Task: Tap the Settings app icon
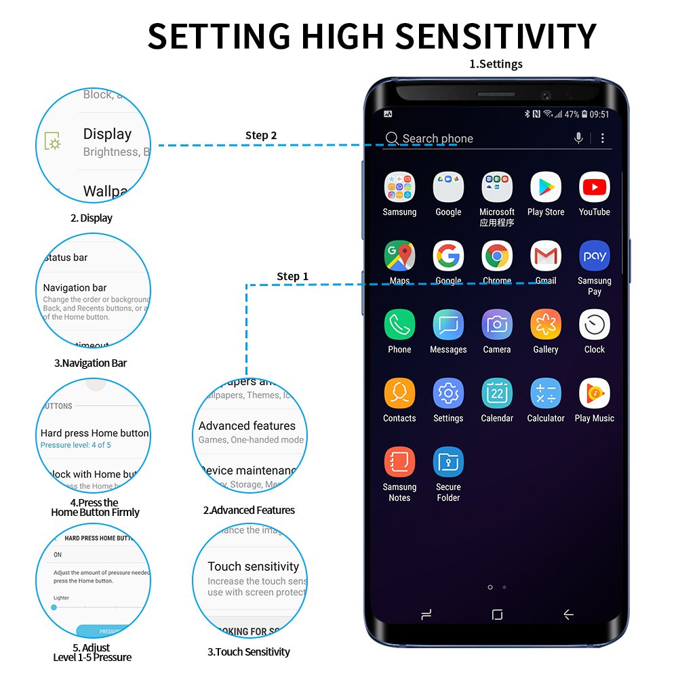448,393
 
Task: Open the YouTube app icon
594,187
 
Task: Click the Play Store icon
546,187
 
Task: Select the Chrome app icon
497,256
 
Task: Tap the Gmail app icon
546,256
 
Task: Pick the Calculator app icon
546,393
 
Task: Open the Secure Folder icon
448,462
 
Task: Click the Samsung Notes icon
399,462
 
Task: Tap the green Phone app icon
399,325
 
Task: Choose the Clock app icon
594,325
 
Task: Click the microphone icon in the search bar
578,138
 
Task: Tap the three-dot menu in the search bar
603,138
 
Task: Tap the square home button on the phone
497,614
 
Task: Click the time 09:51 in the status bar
599,115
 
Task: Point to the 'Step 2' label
261,136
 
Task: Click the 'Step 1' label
292,276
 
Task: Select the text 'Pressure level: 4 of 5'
75,445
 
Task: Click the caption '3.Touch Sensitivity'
249,652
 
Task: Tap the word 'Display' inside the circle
107,134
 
